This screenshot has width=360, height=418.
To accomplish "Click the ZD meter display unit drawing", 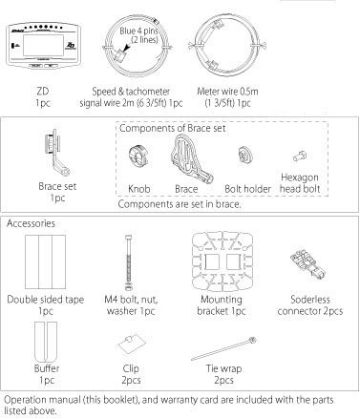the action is (x=43, y=46).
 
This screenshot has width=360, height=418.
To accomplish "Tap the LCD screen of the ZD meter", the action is (x=43, y=45).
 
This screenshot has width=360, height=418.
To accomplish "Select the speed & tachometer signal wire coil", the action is (x=138, y=47).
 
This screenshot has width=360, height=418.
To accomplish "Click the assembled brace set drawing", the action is (x=57, y=153).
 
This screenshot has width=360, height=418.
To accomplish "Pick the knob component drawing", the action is (x=139, y=156).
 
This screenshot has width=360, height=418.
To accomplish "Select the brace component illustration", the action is (x=190, y=159).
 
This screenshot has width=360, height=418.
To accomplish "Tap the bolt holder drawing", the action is (x=245, y=156).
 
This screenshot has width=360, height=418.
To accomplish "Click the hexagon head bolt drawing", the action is (x=300, y=156).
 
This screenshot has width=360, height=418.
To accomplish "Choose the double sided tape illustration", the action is (x=46, y=261).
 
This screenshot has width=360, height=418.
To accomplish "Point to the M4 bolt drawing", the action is (x=128, y=262).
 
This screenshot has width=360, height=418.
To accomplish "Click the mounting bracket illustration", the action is (x=222, y=261).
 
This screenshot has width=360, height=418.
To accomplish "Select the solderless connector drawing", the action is (x=308, y=262).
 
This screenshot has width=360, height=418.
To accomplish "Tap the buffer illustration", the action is (x=46, y=343).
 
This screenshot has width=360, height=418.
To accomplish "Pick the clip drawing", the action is (x=132, y=344).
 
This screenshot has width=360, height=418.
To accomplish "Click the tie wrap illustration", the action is (x=223, y=348).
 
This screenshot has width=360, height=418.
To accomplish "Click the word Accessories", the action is (x=31, y=223).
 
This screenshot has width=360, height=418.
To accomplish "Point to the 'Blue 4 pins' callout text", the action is (x=138, y=31).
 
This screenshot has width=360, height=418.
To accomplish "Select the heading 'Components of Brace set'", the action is (x=173, y=128).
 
